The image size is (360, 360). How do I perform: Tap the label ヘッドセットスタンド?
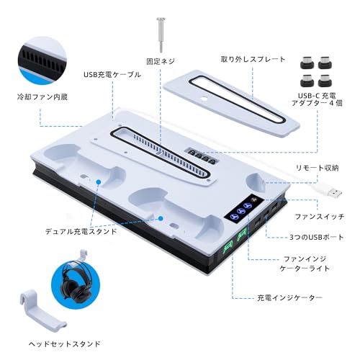[x=70, y=344]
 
